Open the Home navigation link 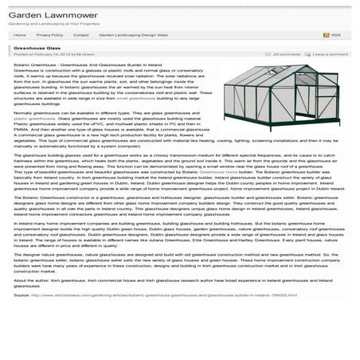pos(20,36)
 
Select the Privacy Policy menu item pos(49,36)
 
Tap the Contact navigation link pos(80,36)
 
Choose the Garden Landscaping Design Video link pos(133,36)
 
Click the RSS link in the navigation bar pos(335,36)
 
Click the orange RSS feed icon pos(327,36)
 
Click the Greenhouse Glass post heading pos(36,49)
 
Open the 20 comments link pos(286,55)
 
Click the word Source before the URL pos(22,295)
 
